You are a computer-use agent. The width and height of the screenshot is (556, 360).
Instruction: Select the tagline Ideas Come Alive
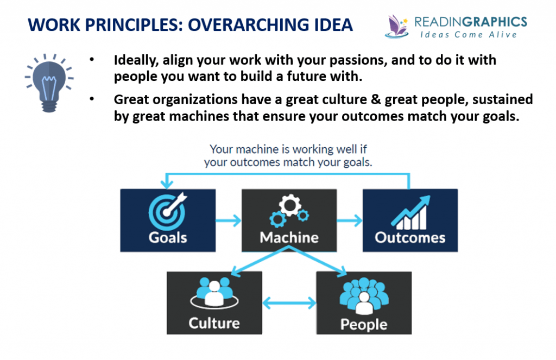pyautogui.click(x=470, y=34)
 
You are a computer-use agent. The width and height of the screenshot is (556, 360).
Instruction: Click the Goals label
pyautogui.click(x=168, y=237)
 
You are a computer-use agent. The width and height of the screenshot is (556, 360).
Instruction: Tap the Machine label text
pyautogui.click(x=289, y=237)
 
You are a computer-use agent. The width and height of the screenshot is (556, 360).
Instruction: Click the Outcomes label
pyautogui.click(x=410, y=238)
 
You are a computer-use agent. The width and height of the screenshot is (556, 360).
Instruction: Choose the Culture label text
pyautogui.click(x=214, y=323)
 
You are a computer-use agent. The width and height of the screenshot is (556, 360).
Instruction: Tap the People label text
pyautogui.click(x=363, y=324)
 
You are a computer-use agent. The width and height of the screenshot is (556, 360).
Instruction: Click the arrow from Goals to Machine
pyautogui.click(x=229, y=220)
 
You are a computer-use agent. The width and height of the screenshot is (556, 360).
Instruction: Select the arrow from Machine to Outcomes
pyautogui.click(x=349, y=220)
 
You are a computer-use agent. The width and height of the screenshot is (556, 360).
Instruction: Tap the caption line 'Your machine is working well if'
pyautogui.click(x=288, y=149)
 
